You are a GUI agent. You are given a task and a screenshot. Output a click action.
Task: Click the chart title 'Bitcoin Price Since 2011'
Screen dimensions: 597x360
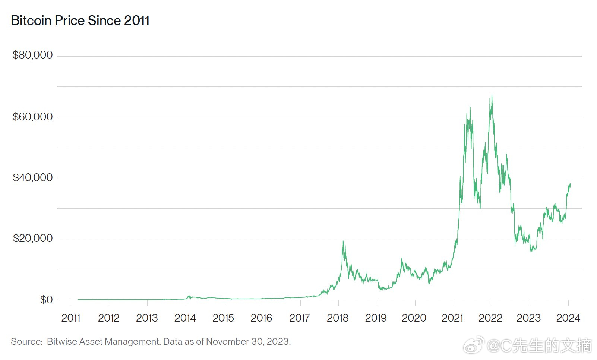pyautogui.click(x=80, y=20)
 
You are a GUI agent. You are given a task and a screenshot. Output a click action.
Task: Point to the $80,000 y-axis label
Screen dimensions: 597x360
pyautogui.click(x=32, y=55)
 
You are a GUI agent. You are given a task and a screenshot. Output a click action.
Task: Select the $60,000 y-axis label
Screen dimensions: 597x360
pyautogui.click(x=32, y=117)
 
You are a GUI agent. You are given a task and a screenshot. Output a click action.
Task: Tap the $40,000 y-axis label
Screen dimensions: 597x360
pyautogui.click(x=32, y=177)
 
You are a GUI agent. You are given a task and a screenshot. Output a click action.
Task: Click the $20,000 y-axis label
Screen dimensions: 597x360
pyautogui.click(x=32, y=238)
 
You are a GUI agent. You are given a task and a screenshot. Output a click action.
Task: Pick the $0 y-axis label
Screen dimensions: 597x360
pyautogui.click(x=46, y=300)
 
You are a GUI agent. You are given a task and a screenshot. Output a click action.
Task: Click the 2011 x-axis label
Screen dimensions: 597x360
pyautogui.click(x=71, y=318)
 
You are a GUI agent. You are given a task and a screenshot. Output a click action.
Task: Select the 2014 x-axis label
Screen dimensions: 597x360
pyautogui.click(x=185, y=318)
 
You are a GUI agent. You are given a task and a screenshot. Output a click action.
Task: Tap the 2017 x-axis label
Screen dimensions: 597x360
pyautogui.click(x=300, y=318)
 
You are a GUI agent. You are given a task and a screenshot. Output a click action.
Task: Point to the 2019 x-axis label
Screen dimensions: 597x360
pyautogui.click(x=376, y=318)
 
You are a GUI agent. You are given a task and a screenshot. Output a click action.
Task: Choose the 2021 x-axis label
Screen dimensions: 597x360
pyautogui.click(x=452, y=318)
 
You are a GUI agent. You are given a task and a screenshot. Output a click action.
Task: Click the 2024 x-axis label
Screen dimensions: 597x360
pyautogui.click(x=568, y=318)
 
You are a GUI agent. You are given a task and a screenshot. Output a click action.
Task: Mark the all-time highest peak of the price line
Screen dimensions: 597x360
pyautogui.click(x=492, y=95)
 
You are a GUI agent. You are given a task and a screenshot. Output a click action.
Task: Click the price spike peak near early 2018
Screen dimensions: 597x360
pyautogui.click(x=343, y=241)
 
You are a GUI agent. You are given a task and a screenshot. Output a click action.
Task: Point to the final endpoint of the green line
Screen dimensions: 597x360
pyautogui.click(x=570, y=184)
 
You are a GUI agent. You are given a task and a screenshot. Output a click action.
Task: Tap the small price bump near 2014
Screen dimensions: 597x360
pyautogui.click(x=189, y=296)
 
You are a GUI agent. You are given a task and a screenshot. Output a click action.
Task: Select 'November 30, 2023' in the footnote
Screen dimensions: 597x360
pyautogui.click(x=248, y=342)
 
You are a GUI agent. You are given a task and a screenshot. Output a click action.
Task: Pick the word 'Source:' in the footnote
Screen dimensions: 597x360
pyautogui.click(x=27, y=342)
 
